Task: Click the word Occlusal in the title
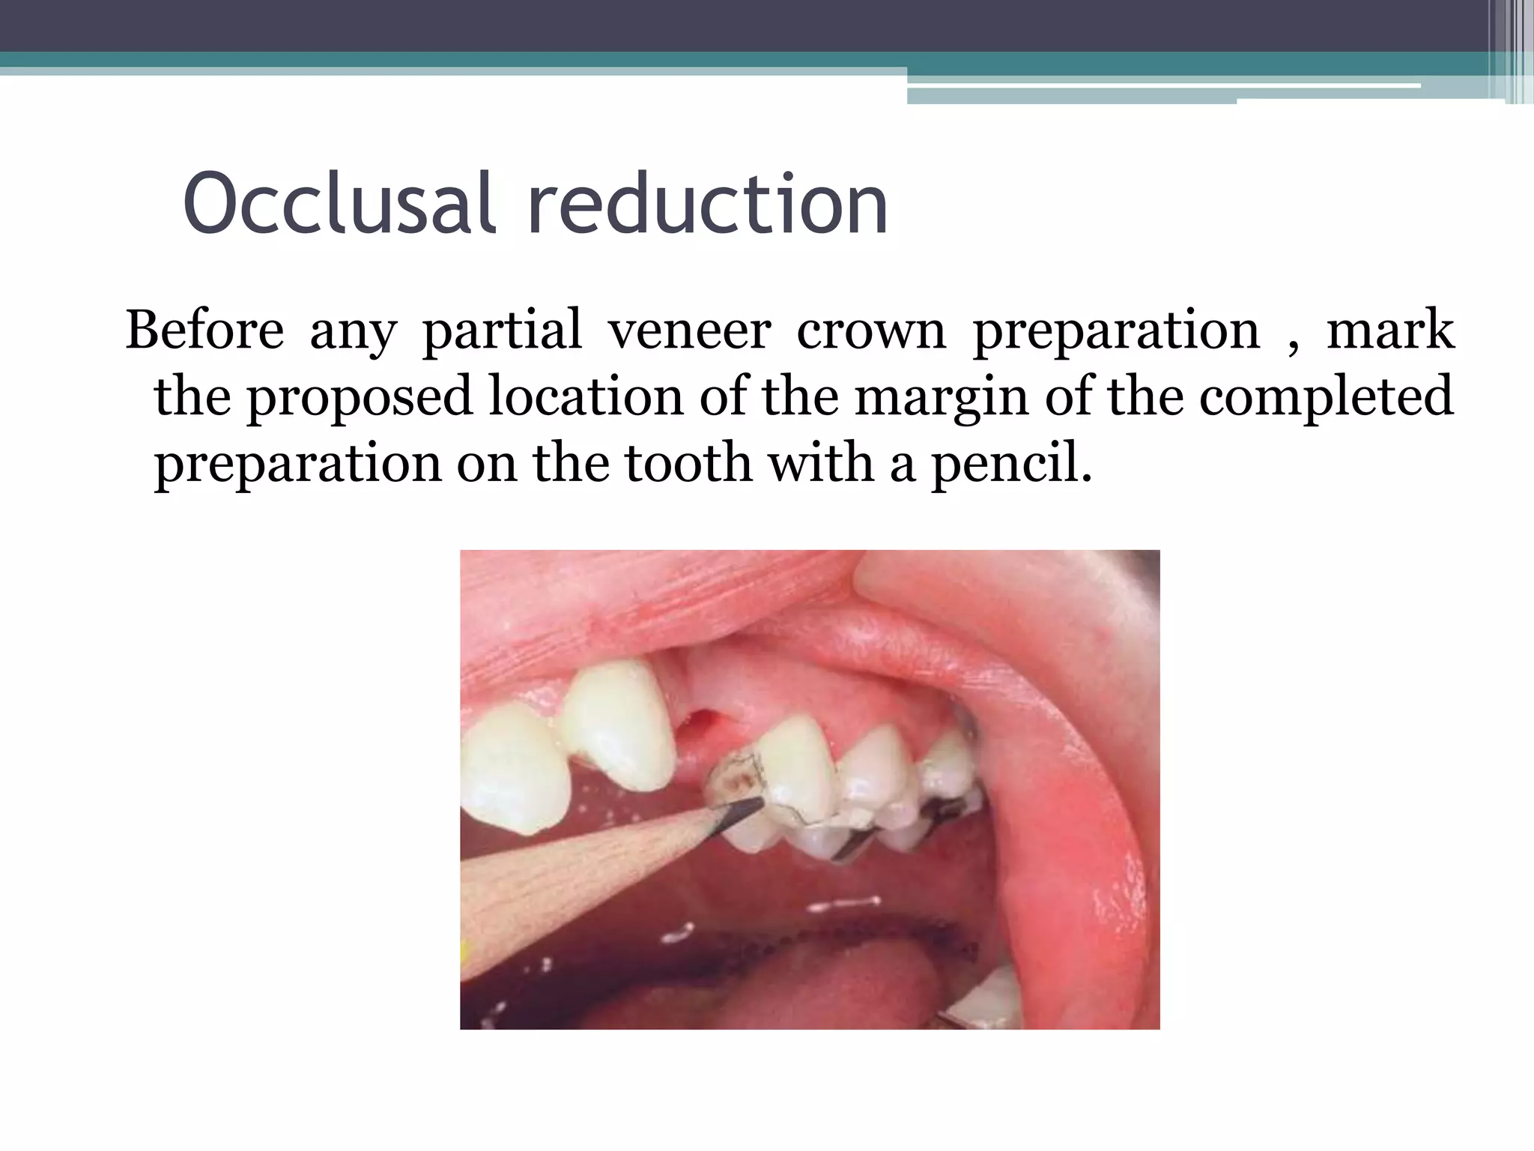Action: point(339,204)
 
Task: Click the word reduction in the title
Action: point(707,204)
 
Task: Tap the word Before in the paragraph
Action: point(204,330)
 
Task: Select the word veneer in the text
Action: point(688,330)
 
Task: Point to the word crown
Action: point(871,330)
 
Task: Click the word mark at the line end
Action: point(1390,330)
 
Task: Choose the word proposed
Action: point(360,398)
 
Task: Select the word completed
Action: point(1326,398)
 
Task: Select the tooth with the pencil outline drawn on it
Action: point(786,779)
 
